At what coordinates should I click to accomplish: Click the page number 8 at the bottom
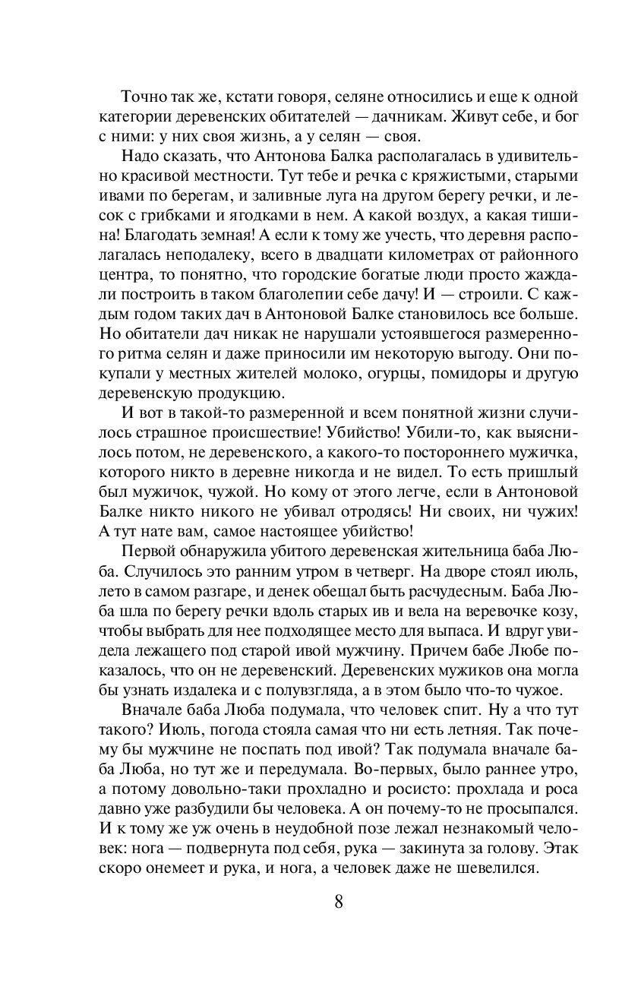click(x=339, y=903)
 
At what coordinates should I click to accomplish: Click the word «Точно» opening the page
click(x=144, y=98)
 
